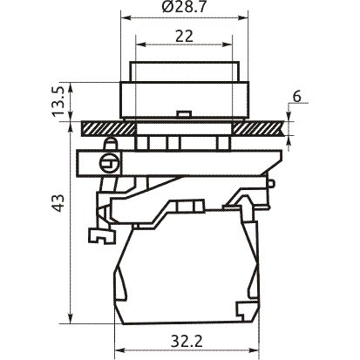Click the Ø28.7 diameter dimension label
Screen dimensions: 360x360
point(184,7)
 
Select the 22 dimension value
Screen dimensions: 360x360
point(184,37)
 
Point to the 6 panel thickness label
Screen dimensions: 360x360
point(296,97)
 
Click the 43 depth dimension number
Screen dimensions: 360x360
point(59,203)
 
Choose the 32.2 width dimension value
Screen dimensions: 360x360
point(187,342)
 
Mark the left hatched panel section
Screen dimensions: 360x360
point(109,128)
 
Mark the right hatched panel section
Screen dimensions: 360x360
point(258,128)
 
